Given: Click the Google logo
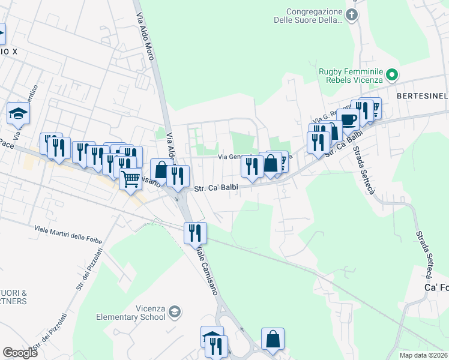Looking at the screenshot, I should pyautogui.click(x=20, y=353).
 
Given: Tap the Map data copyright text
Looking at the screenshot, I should pyautogui.click(x=424, y=355).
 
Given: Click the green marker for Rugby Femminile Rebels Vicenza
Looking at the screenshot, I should pyautogui.click(x=392, y=75).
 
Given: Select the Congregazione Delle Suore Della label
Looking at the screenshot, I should pyautogui.click(x=314, y=16).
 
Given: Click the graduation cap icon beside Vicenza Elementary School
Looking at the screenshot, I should pyautogui.click(x=174, y=311).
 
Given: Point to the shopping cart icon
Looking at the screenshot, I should pyautogui.click(x=130, y=178).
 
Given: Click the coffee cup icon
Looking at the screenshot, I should pyautogui.click(x=348, y=119).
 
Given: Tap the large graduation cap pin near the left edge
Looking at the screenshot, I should pyautogui.click(x=18, y=112).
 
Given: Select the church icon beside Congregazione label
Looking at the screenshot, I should pyautogui.click(x=352, y=15).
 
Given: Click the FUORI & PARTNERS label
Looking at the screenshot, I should pyautogui.click(x=13, y=297).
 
